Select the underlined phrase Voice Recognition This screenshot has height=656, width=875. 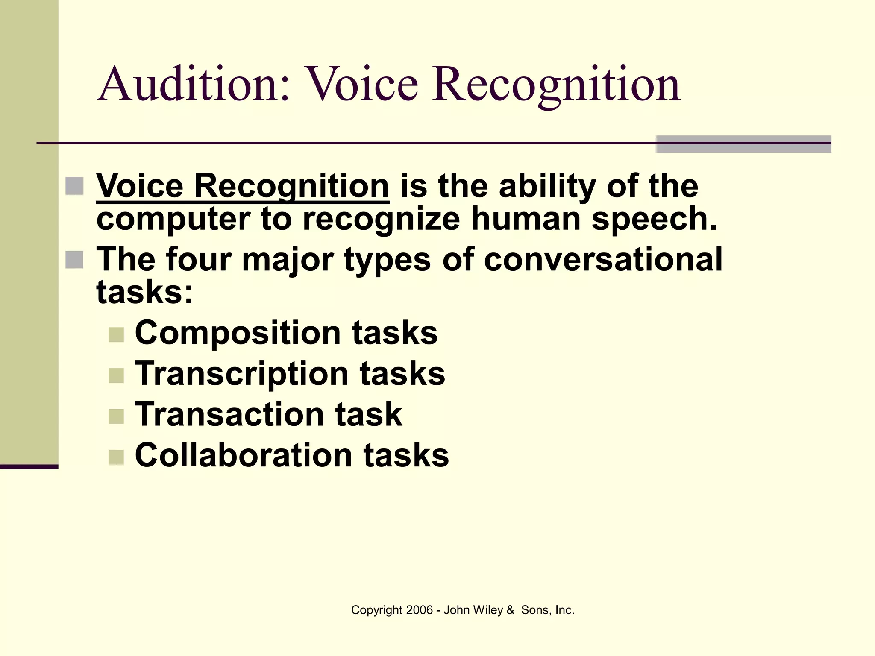coord(242,186)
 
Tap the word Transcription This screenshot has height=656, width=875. coord(242,373)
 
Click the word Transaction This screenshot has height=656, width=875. coord(229,414)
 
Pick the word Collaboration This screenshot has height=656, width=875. coord(244,455)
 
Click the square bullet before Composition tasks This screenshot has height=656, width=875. coord(116,335)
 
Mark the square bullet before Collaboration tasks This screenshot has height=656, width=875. coord(116,457)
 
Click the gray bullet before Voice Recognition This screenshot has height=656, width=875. coord(74,186)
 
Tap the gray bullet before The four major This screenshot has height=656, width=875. coord(74,260)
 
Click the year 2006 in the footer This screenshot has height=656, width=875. coord(420,610)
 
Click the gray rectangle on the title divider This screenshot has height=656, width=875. coord(743,144)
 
